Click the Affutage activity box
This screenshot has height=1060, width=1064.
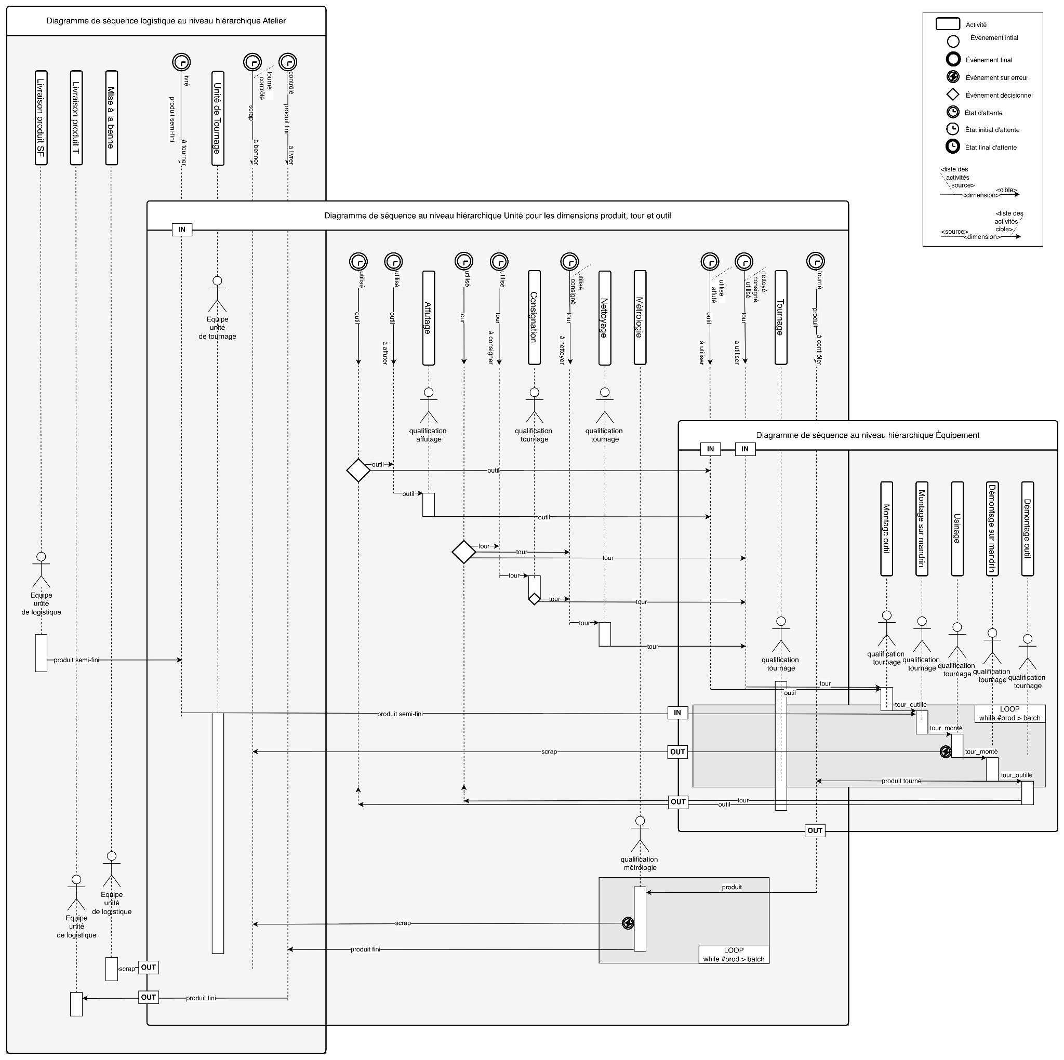428,318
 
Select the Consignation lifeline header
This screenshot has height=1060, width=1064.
534,318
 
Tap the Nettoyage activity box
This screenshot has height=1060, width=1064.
604,318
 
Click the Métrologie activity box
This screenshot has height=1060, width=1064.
640,318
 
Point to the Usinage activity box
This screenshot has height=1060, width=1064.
957,529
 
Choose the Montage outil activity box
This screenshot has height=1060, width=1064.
887,529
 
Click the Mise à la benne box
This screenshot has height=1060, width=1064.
111,117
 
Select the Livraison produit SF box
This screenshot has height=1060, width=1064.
41,117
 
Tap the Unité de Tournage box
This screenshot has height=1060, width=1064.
218,118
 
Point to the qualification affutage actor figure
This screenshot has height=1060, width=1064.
428,405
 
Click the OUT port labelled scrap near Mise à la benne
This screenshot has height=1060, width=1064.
148,968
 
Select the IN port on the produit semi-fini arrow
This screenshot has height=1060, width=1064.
677,713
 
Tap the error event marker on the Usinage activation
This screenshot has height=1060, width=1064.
945,752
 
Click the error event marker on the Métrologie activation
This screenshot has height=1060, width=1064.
628,923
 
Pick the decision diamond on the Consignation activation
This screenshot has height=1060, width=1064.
534,599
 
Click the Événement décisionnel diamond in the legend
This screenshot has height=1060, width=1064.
952,95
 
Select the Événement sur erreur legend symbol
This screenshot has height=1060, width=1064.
952,77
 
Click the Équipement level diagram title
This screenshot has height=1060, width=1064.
868,435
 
